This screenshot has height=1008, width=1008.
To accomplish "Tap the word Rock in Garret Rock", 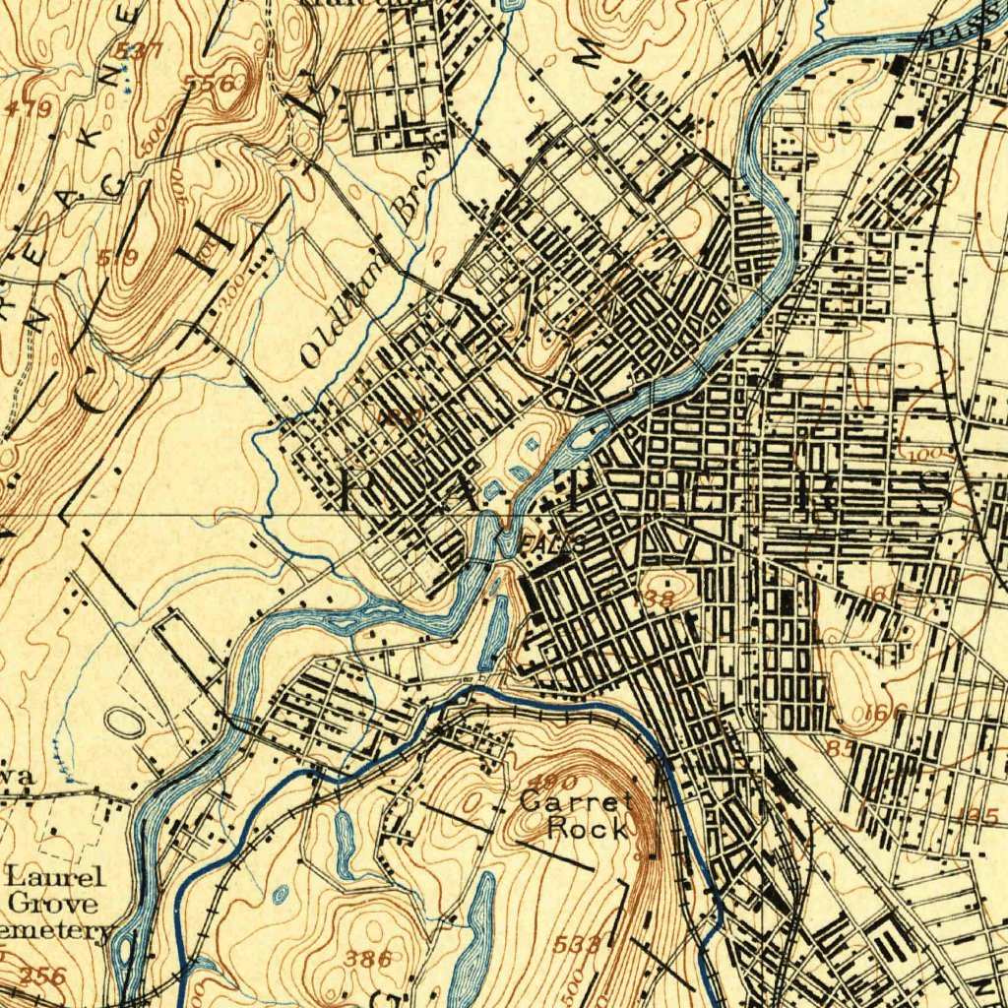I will [x=587, y=828].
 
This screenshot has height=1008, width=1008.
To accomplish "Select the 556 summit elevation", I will [x=211, y=85].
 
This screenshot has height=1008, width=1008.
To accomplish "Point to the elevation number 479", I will [x=27, y=109].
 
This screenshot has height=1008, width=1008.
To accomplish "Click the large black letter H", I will [x=218, y=234].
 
